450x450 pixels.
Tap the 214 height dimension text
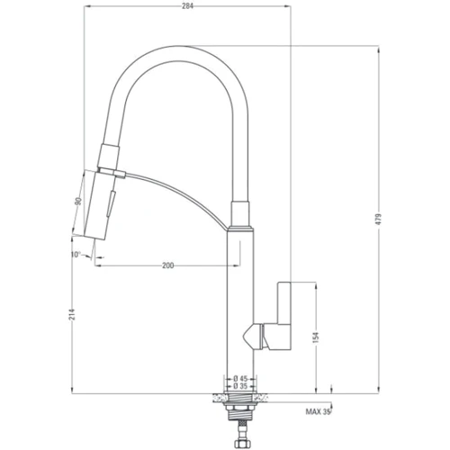pos(71,313)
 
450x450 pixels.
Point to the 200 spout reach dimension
pos(168,265)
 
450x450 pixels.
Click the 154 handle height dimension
pos(316,337)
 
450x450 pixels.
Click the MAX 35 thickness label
pos(318,413)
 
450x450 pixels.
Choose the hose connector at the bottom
pos(240,441)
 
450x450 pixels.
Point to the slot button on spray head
pos(112,201)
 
